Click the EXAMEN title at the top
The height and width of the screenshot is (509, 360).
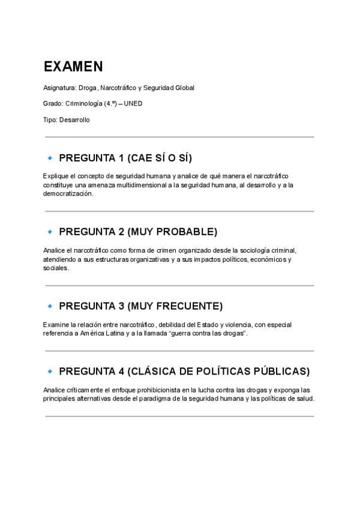pos(73,67)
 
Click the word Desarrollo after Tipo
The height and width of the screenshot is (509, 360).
pos(74,120)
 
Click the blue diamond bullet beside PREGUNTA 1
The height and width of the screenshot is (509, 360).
pos(50,158)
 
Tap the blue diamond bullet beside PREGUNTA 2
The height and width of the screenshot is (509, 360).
pos(50,232)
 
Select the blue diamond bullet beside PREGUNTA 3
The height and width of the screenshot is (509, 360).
pos(50,306)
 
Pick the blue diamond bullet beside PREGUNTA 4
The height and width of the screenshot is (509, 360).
pos(50,371)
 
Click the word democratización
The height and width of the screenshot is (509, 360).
pos(68,194)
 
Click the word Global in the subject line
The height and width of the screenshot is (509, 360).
pos(185,88)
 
